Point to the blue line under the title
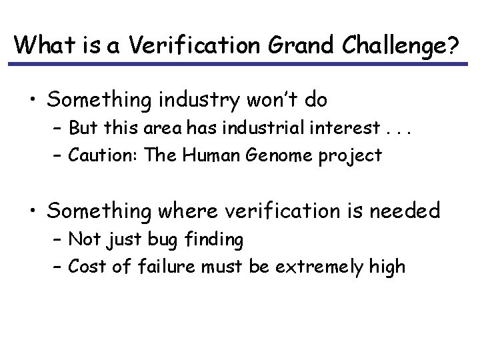click(x=240, y=64)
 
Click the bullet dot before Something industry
click(x=33, y=101)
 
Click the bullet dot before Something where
click(x=33, y=211)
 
